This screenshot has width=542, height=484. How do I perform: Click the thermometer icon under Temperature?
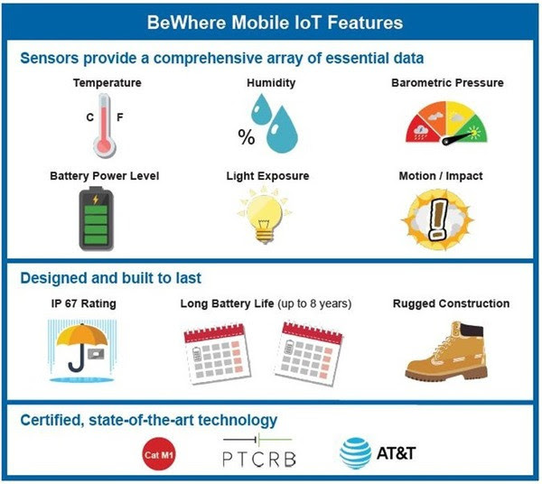click(x=105, y=126)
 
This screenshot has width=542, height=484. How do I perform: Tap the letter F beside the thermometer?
click(x=120, y=117)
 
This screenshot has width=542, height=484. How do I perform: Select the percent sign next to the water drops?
click(x=247, y=137)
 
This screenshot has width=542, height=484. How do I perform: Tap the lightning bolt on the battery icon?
click(x=96, y=200)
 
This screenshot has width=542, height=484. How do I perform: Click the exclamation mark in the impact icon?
click(x=437, y=220)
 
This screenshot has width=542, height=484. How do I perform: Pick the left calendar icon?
click(x=217, y=354)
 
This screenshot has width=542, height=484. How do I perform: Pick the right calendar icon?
click(x=308, y=353)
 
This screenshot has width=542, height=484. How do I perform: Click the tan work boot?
click(x=446, y=350)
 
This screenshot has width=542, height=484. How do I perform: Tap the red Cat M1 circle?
click(x=159, y=454)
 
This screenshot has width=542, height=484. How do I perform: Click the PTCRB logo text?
click(x=259, y=459)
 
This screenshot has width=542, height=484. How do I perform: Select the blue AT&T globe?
click(x=356, y=453)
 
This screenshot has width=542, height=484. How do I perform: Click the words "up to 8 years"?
click(x=314, y=303)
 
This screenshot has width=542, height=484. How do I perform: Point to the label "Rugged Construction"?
click(x=451, y=303)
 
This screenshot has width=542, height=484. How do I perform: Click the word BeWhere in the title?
click(x=187, y=23)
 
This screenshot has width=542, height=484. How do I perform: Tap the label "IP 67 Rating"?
click(x=84, y=303)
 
